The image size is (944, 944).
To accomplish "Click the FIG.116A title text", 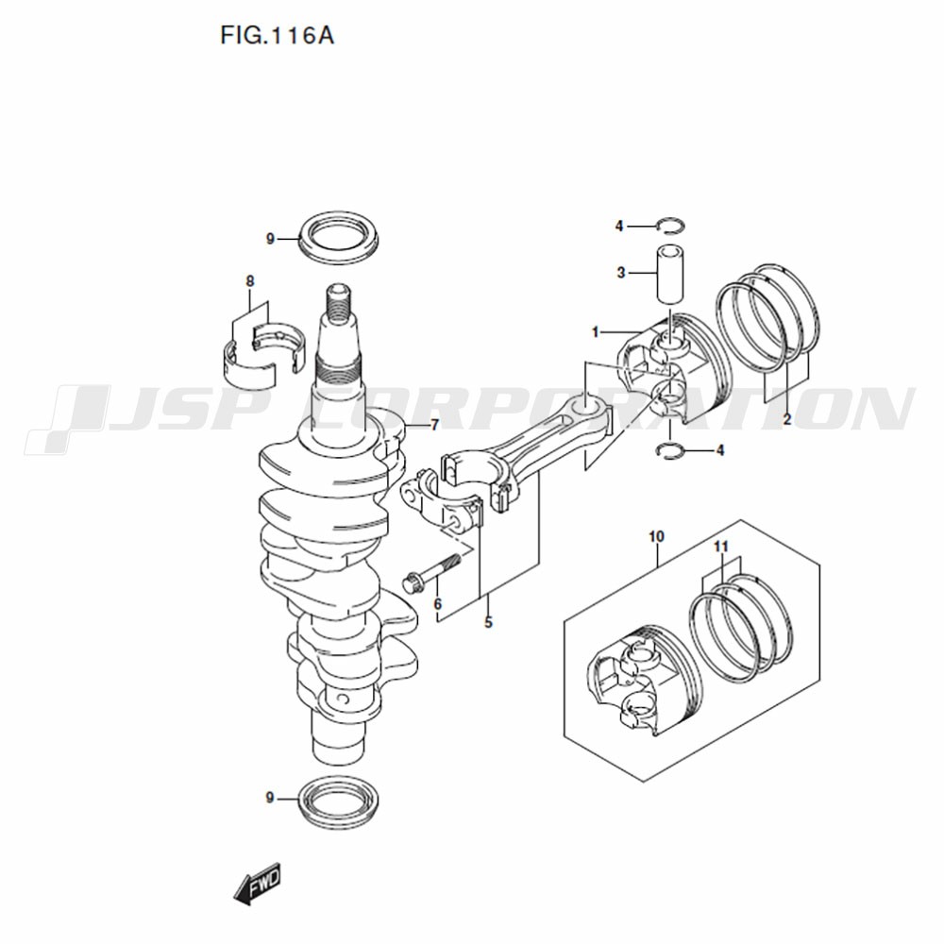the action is [x=277, y=36].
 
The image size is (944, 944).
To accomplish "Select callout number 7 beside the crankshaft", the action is [x=434, y=425].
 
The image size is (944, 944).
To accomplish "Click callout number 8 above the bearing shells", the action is [x=250, y=280].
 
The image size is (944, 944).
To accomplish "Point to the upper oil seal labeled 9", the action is [x=340, y=237].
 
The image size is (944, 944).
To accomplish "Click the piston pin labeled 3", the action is [x=669, y=274].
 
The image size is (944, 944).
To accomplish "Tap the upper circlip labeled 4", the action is [x=671, y=226].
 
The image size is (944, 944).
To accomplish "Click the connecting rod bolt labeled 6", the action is [x=431, y=571].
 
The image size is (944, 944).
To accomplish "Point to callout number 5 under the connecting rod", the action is [x=488, y=622].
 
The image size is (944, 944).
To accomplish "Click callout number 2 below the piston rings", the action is [x=787, y=420].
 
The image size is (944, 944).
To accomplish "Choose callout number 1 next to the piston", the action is [x=596, y=331].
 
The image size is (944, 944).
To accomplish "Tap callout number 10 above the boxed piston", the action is [x=656, y=536].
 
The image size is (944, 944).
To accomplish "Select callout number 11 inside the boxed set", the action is [x=720, y=547].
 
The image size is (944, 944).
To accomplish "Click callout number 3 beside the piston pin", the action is [x=621, y=273].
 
